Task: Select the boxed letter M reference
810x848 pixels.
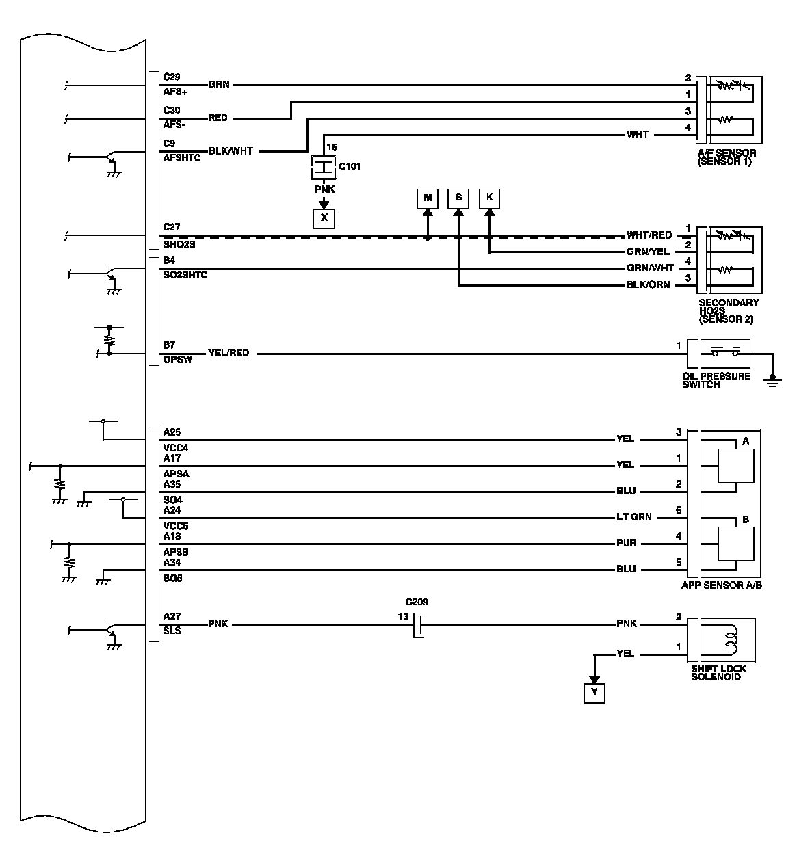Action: tap(428, 198)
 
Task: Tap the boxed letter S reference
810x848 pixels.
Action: tap(458, 198)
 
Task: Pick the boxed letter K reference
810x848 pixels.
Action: tap(489, 198)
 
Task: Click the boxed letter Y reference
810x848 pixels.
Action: tap(595, 693)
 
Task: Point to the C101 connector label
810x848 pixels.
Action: tap(350, 166)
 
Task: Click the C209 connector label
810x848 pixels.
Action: tap(417, 602)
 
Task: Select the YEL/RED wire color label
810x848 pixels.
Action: tap(228, 353)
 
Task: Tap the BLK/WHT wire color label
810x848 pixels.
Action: tap(231, 151)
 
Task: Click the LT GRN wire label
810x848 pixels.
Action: tap(634, 517)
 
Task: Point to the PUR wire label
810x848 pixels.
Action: tap(626, 543)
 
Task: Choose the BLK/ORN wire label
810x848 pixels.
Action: tap(648, 284)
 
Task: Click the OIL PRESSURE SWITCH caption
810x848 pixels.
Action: tap(716, 380)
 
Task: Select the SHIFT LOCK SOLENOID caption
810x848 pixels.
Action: tap(718, 672)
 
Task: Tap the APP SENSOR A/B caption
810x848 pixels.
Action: tap(721, 585)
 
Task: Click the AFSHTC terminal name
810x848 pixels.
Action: tap(181, 157)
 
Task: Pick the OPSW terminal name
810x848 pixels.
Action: tap(177, 360)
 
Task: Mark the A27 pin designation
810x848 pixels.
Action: tap(172, 616)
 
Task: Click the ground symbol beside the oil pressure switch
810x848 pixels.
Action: tap(773, 380)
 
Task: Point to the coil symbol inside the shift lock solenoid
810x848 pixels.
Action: tap(729, 639)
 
